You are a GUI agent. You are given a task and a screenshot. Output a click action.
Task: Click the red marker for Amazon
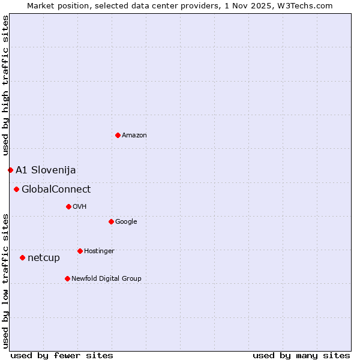point(118,135)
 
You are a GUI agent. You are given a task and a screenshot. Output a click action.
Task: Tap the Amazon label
point(134,136)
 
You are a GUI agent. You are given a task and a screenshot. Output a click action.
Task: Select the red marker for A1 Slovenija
point(10,170)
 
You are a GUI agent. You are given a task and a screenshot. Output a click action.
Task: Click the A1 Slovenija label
point(46,170)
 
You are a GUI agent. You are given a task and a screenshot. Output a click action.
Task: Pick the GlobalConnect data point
point(16,190)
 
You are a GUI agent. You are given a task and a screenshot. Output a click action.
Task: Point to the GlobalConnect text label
point(56,190)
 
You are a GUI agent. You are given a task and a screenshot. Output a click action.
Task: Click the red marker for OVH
point(68,206)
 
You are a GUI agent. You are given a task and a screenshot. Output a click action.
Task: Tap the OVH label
point(80,207)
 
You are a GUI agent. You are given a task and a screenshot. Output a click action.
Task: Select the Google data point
point(111,221)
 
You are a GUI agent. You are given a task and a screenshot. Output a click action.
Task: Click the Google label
point(126,222)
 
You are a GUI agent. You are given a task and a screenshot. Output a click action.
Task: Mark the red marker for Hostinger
point(80,251)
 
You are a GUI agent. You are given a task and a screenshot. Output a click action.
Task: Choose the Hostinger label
point(99,251)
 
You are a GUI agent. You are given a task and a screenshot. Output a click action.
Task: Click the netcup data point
point(22,257)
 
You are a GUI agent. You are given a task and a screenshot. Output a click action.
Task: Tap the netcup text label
point(44,258)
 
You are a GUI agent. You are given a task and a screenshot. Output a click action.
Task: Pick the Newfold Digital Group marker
point(67,278)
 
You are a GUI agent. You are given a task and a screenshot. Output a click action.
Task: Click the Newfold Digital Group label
point(106,279)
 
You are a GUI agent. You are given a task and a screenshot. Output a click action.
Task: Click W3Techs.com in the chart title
point(308,6)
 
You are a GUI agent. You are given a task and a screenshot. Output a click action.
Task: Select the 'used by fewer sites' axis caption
point(62,355)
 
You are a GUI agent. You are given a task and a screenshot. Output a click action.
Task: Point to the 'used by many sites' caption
point(301,355)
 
